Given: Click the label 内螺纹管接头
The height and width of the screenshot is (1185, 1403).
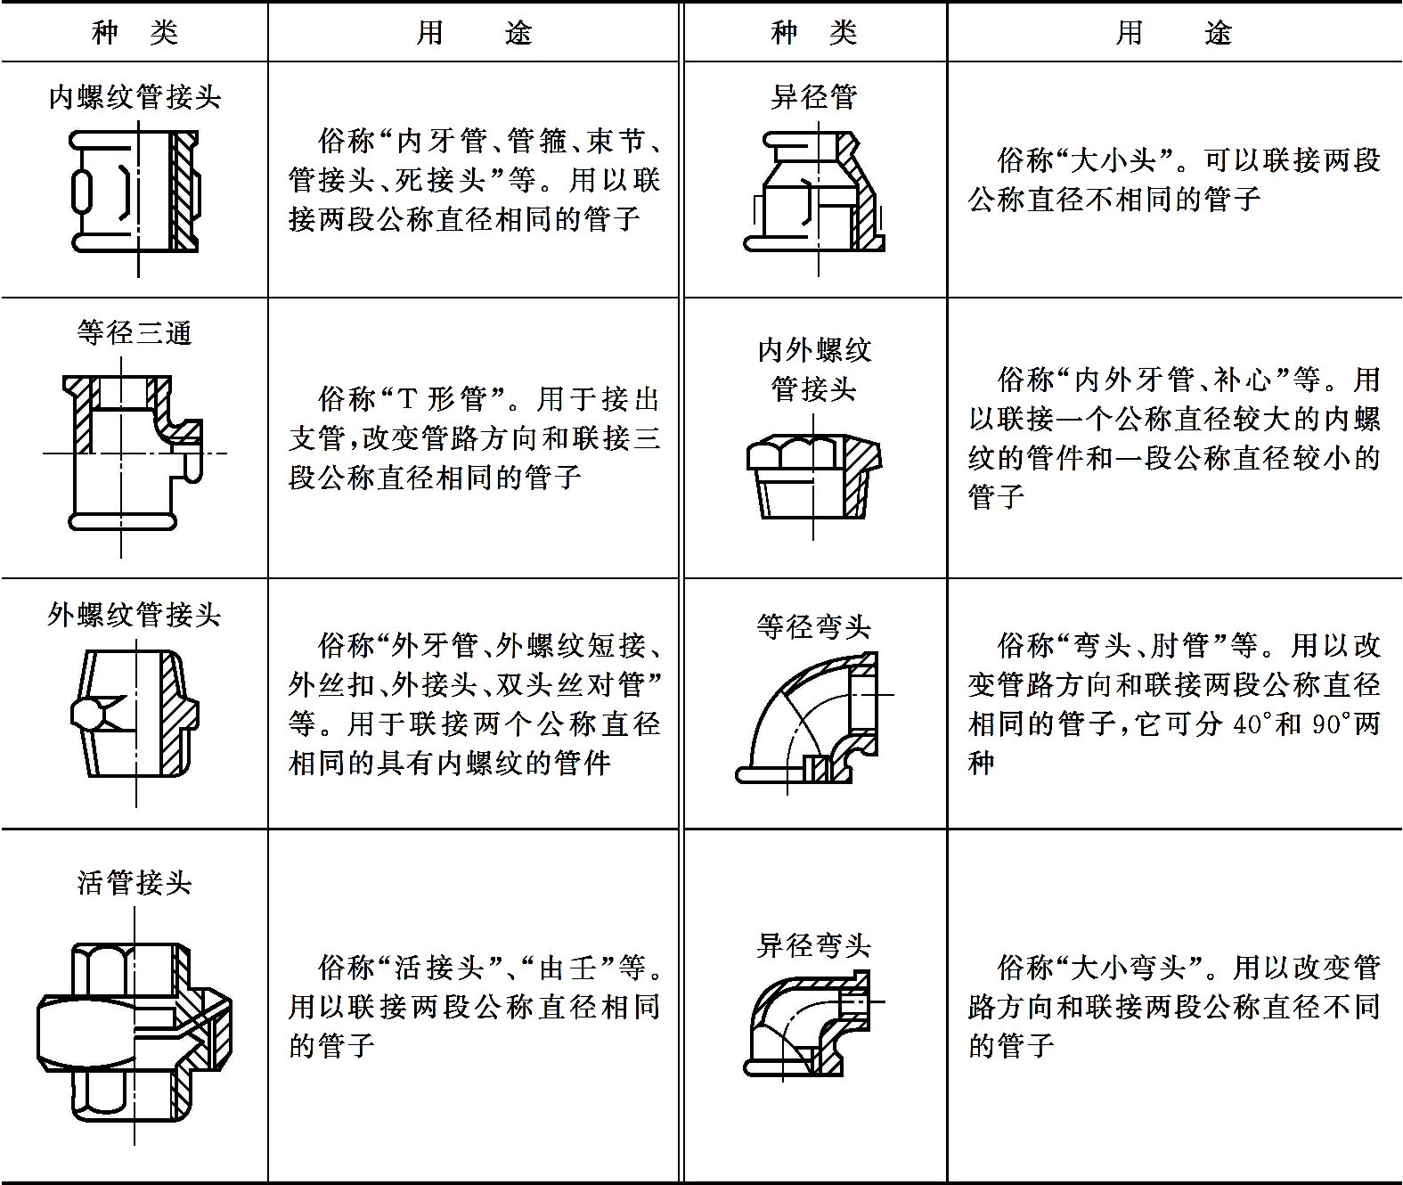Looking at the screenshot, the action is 135,97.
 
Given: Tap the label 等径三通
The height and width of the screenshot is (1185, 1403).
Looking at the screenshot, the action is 135,332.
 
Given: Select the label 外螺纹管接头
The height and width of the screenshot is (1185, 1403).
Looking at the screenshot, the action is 135,615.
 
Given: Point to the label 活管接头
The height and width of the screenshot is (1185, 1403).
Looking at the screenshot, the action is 135,883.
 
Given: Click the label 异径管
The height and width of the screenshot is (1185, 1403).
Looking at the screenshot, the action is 813,97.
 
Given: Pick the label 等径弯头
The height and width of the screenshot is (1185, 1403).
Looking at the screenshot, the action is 813,626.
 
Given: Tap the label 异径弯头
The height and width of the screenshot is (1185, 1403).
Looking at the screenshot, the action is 813,945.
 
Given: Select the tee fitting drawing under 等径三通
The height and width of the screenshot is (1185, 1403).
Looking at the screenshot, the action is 135,457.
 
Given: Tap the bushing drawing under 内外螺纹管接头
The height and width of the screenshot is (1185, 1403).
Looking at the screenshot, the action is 813,478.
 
